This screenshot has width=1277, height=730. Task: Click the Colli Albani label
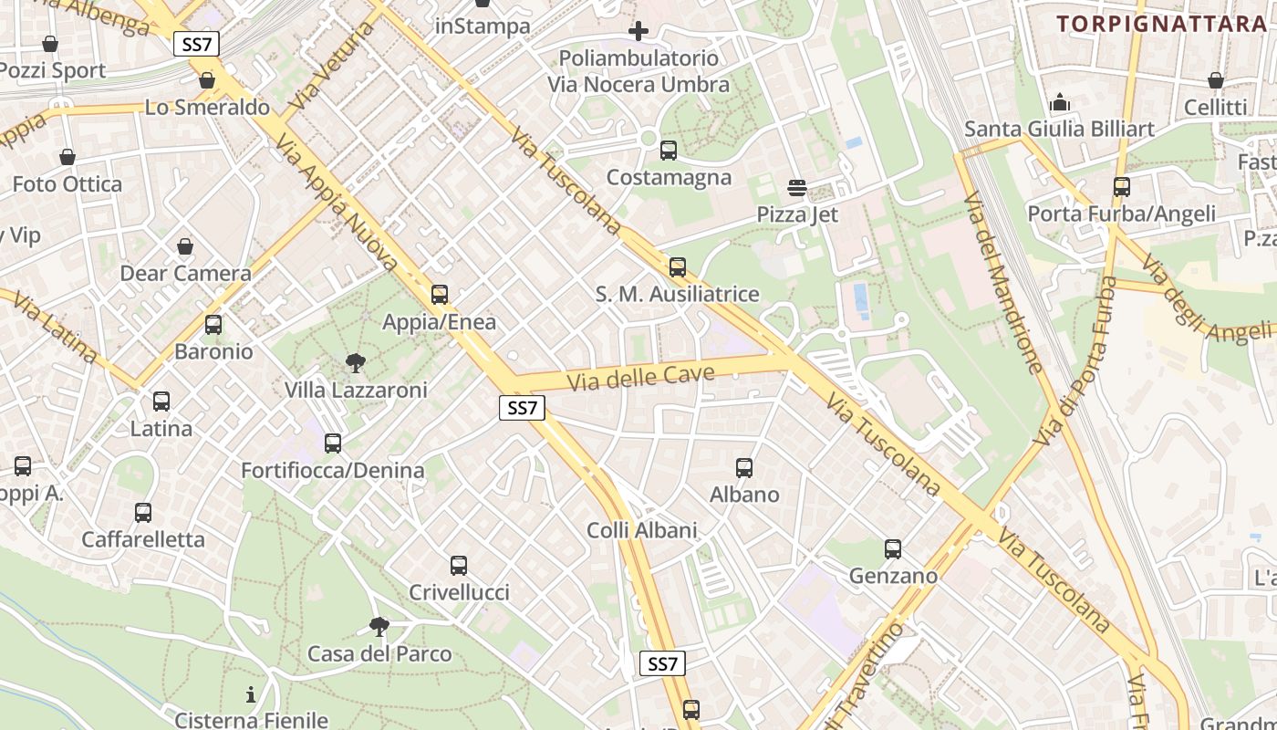point(641,530)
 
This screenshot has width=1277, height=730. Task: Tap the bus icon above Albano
point(744,468)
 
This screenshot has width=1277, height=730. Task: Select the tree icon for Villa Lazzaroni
point(356,363)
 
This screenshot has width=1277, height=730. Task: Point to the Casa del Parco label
point(379,653)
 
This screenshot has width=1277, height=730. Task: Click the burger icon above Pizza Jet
point(797,188)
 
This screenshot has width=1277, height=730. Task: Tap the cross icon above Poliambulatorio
point(638,31)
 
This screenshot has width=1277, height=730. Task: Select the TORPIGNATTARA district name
point(1162,24)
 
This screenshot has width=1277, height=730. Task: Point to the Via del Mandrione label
point(1002,283)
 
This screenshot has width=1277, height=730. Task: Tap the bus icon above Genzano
point(893,549)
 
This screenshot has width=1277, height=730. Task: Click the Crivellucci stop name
point(459,592)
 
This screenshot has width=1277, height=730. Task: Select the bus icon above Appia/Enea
point(440,295)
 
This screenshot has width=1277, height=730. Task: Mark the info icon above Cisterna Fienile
point(251,694)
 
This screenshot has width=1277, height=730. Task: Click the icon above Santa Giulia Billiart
point(1060,102)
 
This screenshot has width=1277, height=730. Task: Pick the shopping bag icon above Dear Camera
point(185,246)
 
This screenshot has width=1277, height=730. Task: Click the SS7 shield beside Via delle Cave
point(522,408)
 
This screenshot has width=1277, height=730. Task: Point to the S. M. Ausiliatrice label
point(677,294)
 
